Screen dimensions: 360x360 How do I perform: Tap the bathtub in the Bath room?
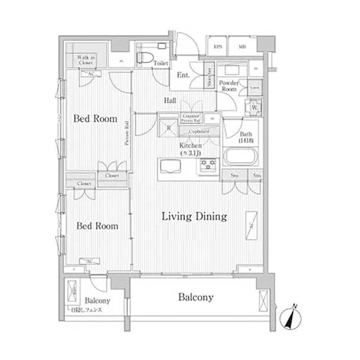[x=240, y=157]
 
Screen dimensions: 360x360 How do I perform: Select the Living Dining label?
[x=194, y=217]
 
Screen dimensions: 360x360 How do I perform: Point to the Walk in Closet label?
[x=86, y=60]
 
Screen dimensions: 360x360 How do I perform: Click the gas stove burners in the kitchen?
[x=208, y=164]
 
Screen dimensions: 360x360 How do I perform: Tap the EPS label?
[x=217, y=47]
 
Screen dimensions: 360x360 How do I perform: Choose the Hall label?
[x=170, y=101]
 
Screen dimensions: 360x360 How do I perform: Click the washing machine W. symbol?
[x=254, y=107]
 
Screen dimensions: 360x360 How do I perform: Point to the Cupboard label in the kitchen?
[x=199, y=131]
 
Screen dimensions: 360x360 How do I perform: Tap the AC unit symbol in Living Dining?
[x=251, y=226]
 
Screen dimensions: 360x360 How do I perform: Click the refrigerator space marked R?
[x=168, y=127]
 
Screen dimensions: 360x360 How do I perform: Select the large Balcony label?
[x=196, y=297]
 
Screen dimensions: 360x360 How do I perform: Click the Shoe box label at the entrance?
[x=209, y=76]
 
